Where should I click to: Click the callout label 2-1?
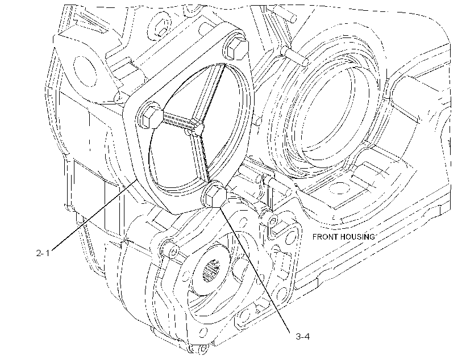tap(43, 253)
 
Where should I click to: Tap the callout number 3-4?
tap(303, 337)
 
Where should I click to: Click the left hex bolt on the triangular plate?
tap(152, 117)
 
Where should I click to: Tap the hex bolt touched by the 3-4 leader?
tap(215, 195)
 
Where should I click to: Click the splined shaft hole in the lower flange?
tap(211, 271)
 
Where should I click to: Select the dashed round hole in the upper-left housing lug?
tap(85, 70)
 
